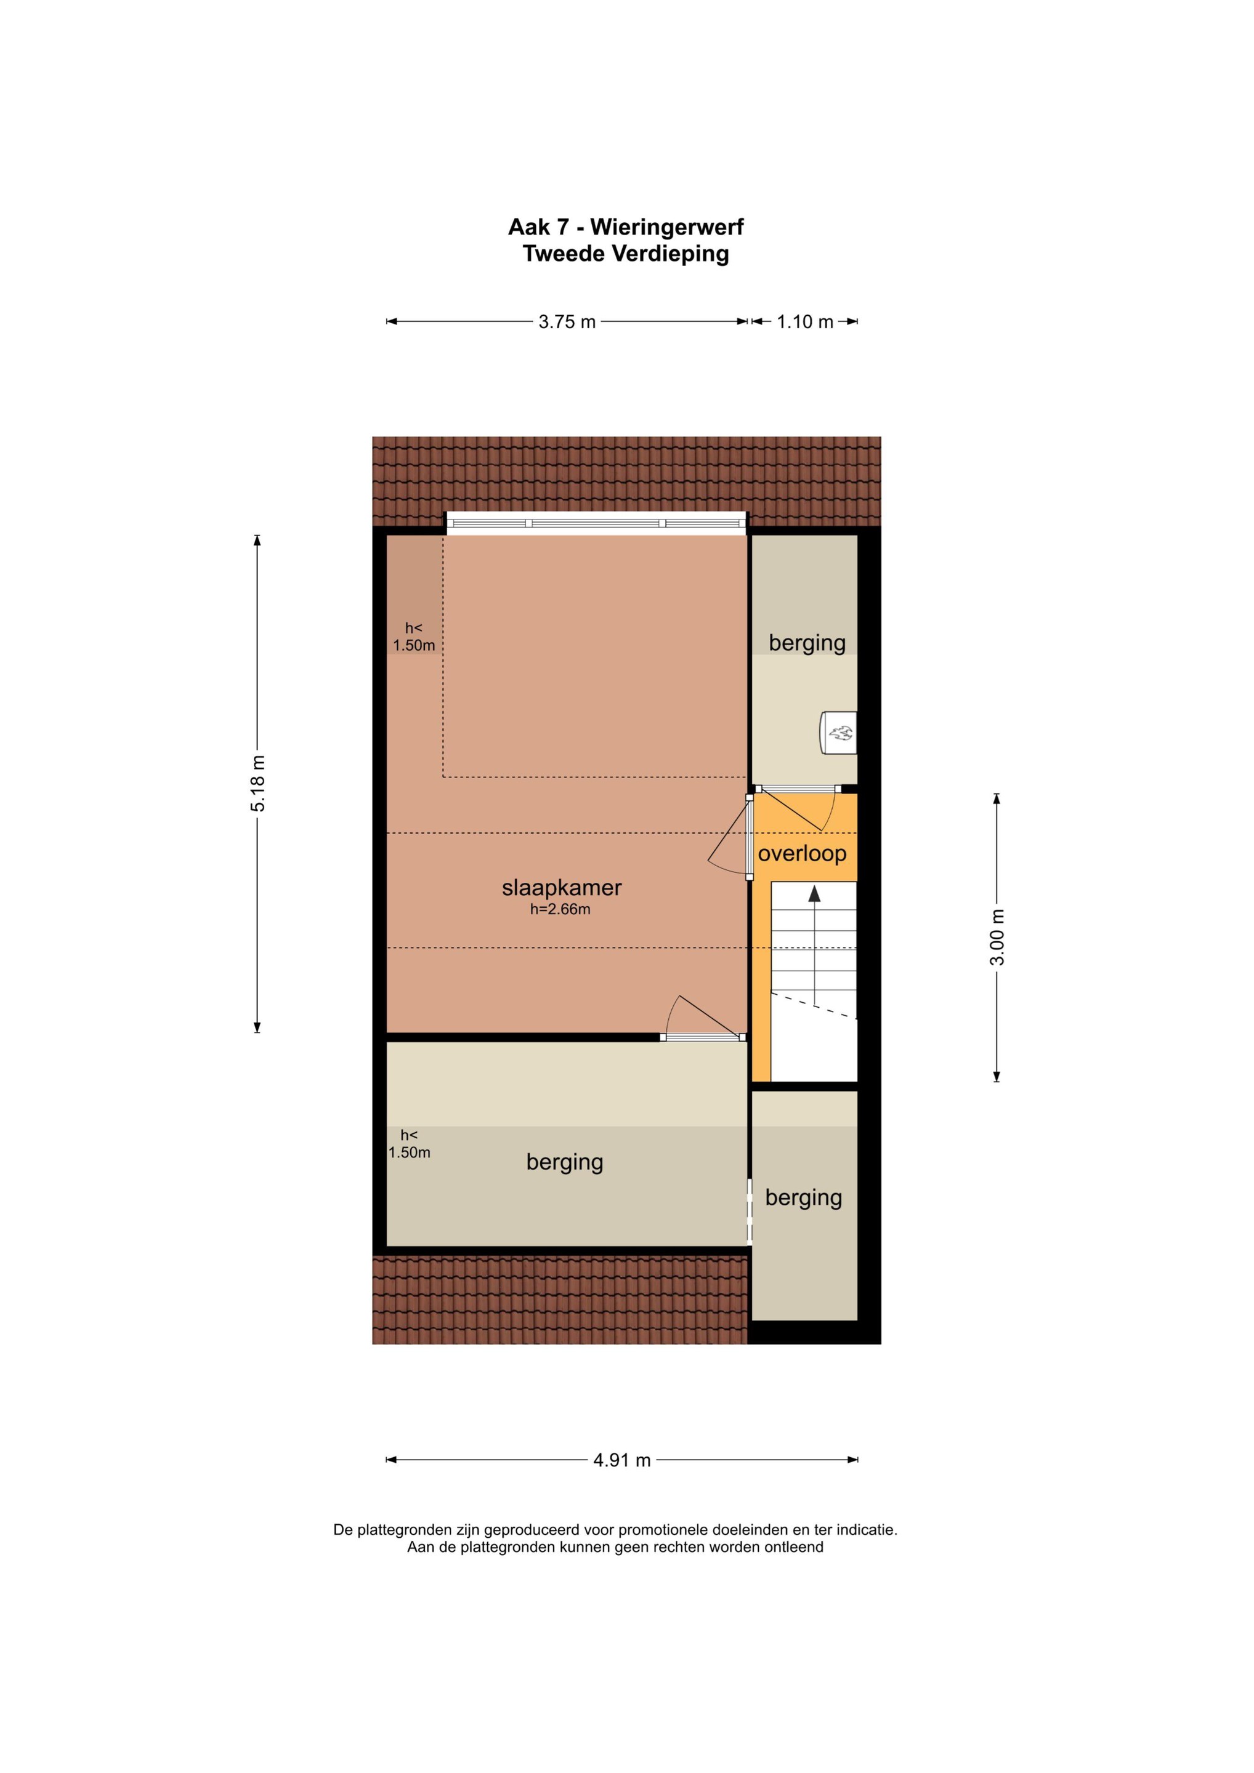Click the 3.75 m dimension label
pyautogui.click(x=567, y=322)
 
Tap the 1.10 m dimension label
pyautogui.click(x=805, y=322)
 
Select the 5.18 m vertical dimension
pyautogui.click(x=258, y=784)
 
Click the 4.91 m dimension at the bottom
pyautogui.click(x=622, y=1460)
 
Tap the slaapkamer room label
pyautogui.click(x=562, y=888)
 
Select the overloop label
pyautogui.click(x=802, y=853)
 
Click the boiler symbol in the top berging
pyautogui.click(x=838, y=732)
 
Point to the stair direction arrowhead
pyautogui.click(x=814, y=893)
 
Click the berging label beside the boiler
pyautogui.click(x=807, y=643)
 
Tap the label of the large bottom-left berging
pyautogui.click(x=565, y=1162)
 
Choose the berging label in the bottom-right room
pyautogui.click(x=804, y=1198)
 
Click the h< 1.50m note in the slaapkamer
pyautogui.click(x=414, y=637)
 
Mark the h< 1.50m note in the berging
pyautogui.click(x=410, y=1144)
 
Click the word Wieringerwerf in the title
pyautogui.click(x=668, y=227)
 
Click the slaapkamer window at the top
pyautogui.click(x=596, y=523)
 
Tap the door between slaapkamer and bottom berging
pyautogui.click(x=703, y=1037)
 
